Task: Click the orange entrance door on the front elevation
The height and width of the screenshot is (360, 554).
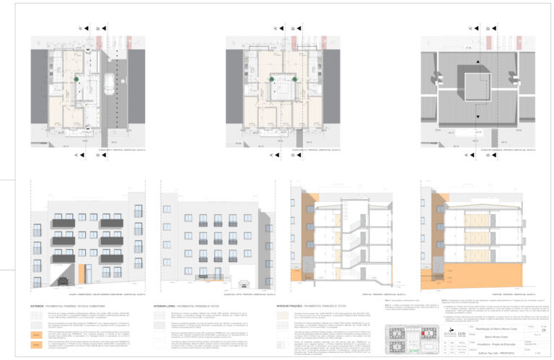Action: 81,274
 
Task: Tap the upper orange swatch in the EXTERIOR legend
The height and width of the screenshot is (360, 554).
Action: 35,335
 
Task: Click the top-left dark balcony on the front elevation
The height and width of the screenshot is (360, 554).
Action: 63,224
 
